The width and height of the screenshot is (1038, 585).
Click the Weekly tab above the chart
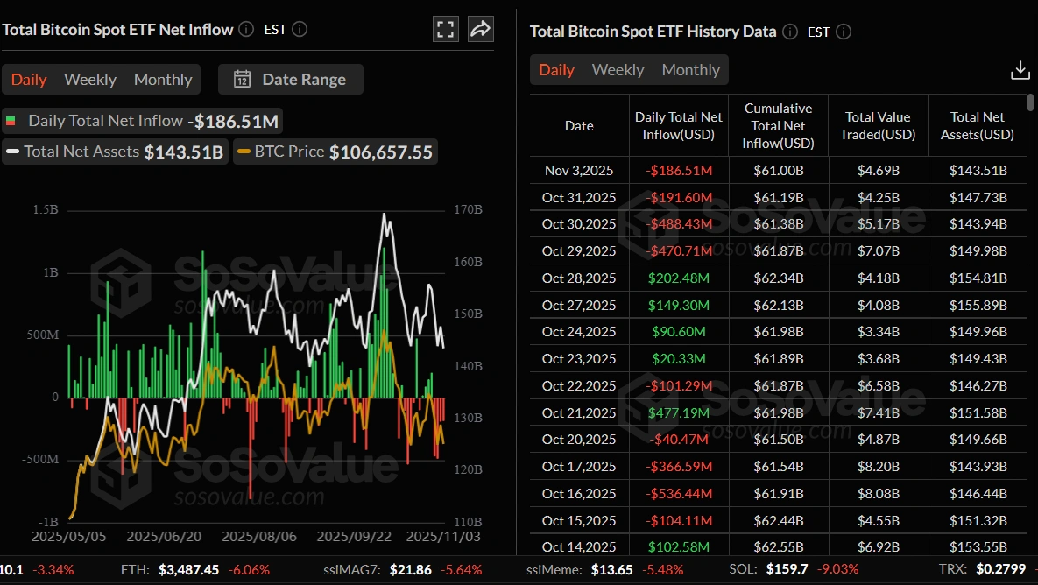90,80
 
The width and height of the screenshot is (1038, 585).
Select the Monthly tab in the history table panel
690,70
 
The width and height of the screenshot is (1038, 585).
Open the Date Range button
291,80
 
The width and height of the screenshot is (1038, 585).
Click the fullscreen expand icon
446,29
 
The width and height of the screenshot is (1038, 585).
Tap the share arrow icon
480,29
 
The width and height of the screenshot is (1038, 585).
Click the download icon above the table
1020,71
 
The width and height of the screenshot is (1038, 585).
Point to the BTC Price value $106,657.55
380,152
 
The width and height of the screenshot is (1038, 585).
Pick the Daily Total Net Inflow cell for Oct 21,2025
678,412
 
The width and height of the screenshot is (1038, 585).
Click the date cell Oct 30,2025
579,223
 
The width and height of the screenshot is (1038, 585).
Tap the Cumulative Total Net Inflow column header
778,125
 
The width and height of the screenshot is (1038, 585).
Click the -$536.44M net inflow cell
678,494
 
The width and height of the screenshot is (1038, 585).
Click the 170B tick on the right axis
469,210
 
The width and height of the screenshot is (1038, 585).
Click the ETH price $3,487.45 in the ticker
189,569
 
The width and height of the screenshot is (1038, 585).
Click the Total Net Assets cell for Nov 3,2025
978,170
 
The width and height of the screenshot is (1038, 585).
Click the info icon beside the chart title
246,29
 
